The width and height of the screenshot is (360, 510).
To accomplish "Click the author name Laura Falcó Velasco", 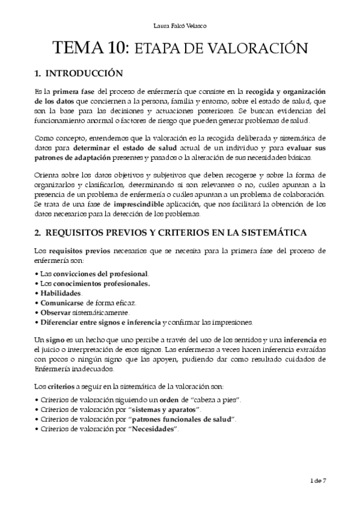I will (x=180, y=25).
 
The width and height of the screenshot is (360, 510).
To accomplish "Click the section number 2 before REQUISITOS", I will (x=37, y=232).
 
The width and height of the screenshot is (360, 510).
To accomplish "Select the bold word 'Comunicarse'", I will (x=62, y=303).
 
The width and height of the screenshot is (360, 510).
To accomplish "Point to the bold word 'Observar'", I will (x=55, y=312).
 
